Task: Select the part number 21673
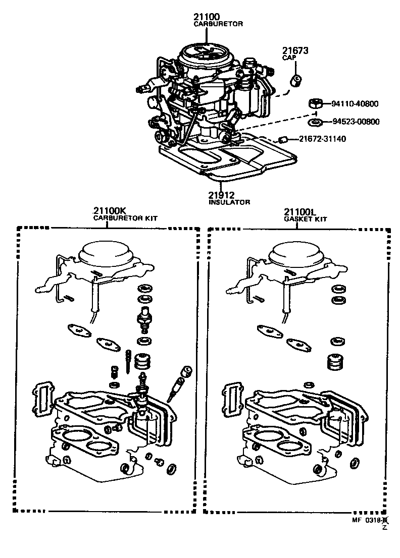[x=295, y=51]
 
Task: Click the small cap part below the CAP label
[x=296, y=80]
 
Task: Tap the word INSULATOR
[x=229, y=202]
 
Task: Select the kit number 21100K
[x=108, y=211]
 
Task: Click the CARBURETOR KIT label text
[x=126, y=218]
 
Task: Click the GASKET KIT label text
[x=305, y=218]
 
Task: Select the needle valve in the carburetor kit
[x=144, y=318]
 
